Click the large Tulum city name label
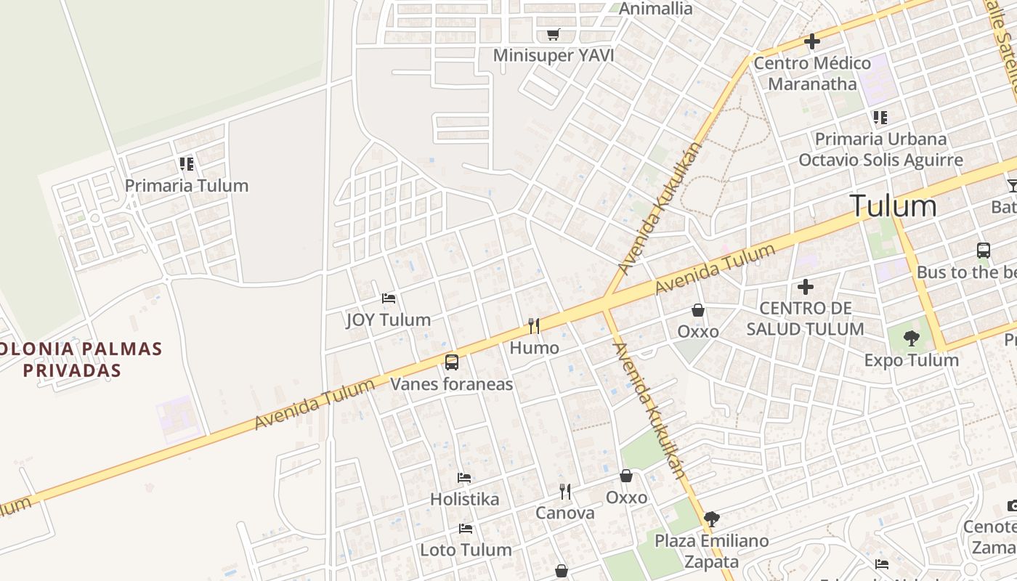(x=893, y=206)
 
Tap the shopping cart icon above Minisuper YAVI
(x=554, y=34)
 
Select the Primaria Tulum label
(x=187, y=186)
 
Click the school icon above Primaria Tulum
(x=187, y=164)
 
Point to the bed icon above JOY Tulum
(x=389, y=298)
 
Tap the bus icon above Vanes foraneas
(x=452, y=362)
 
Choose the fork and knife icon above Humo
(x=534, y=325)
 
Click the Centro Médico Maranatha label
(x=812, y=73)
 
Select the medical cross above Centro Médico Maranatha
(x=812, y=41)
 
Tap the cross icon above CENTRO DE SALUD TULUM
(x=805, y=287)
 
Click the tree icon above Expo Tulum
(x=911, y=338)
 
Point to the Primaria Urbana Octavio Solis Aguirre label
(x=880, y=150)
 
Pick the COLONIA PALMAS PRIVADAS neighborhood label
(x=71, y=359)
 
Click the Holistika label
(x=465, y=500)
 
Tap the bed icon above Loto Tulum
(x=466, y=529)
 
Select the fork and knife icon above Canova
(x=565, y=492)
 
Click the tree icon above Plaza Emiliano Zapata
(x=712, y=519)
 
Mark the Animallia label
(x=655, y=9)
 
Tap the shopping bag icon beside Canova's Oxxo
(x=626, y=476)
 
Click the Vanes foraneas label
(x=452, y=384)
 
